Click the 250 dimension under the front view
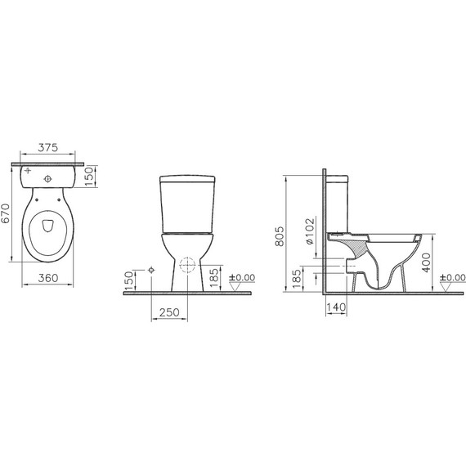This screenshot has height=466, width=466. click(169, 313)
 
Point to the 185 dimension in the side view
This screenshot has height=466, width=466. click(297, 278)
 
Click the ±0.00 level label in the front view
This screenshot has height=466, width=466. click(243, 278)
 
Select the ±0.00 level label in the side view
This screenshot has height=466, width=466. click(450, 278)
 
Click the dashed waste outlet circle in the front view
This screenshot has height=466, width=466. click(188, 267)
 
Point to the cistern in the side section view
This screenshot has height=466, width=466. click(338, 204)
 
